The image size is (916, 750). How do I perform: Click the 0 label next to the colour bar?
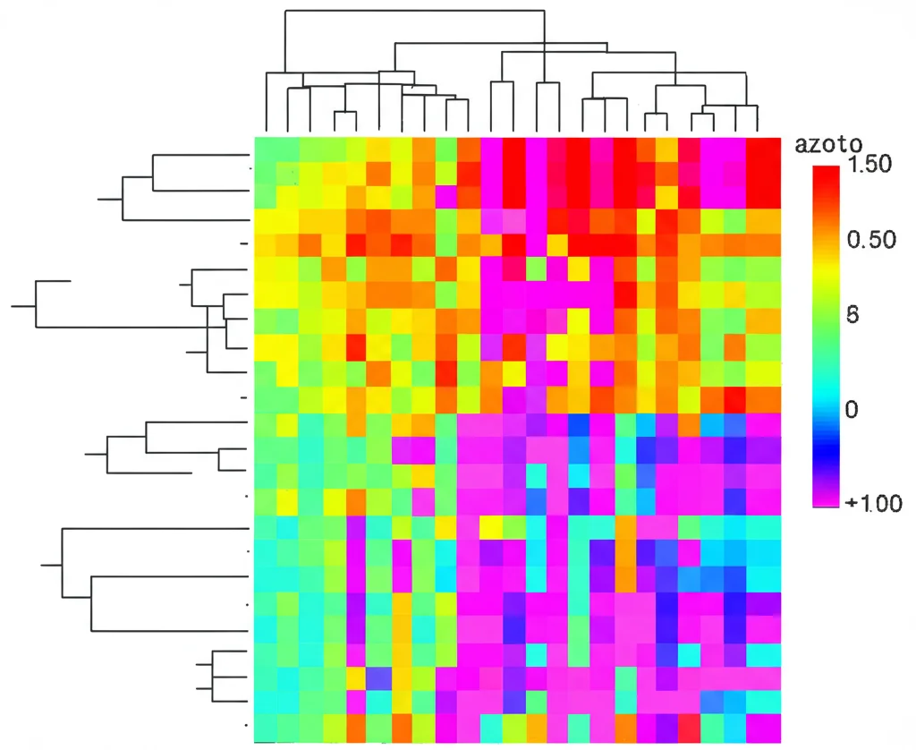tap(852, 409)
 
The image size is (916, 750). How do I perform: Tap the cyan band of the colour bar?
tap(826, 394)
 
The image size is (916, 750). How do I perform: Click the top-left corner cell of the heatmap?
tap(265, 149)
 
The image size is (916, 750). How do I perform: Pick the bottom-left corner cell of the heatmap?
tap(265, 728)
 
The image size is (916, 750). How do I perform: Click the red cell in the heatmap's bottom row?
tap(689, 728)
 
